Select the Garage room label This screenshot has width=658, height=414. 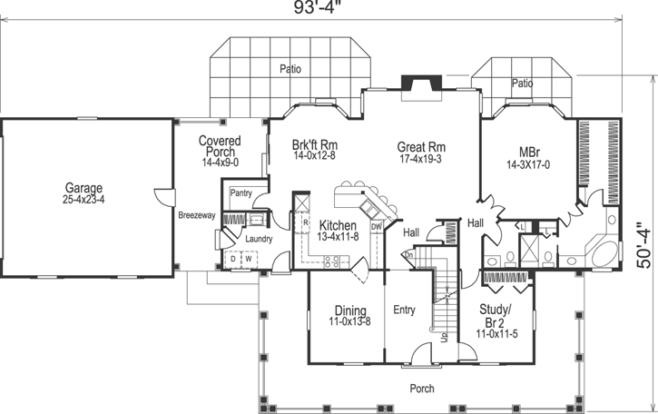point(83,188)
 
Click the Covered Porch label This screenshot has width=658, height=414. point(219,146)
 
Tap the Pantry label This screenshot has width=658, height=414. point(241,192)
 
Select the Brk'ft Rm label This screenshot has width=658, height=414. point(315,145)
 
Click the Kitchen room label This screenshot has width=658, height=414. point(337,224)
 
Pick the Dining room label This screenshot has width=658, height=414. point(349,310)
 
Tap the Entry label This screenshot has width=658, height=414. point(404,310)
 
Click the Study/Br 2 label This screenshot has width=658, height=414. point(496,314)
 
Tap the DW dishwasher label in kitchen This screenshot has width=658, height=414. point(376,226)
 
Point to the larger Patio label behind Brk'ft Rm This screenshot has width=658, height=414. point(290,68)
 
